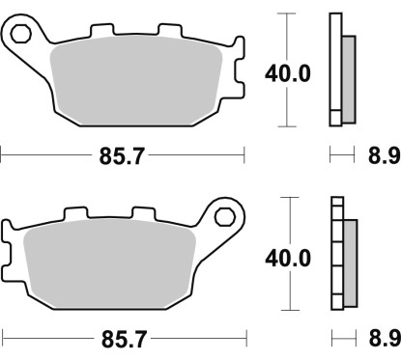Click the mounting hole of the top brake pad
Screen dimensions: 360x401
point(20,36)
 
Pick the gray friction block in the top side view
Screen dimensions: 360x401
point(349,72)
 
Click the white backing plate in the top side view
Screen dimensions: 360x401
point(335,68)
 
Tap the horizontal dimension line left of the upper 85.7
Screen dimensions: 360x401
point(48,152)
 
